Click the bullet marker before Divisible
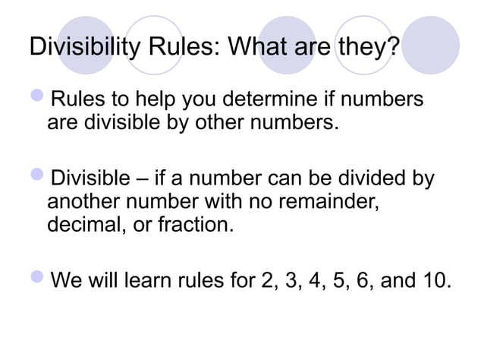pyautogui.click(x=38, y=179)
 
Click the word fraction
pyautogui.click(x=184, y=225)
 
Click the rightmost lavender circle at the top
pyautogui.click(x=430, y=43)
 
